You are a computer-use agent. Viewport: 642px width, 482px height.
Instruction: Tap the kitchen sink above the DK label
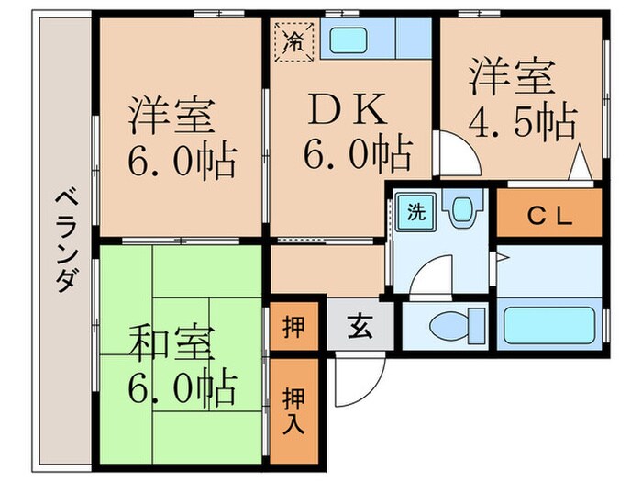(349, 40)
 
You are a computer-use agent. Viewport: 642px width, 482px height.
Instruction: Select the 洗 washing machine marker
(415, 213)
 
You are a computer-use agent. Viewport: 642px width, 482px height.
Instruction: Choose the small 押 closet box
(293, 325)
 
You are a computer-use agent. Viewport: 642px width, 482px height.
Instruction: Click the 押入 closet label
(293, 410)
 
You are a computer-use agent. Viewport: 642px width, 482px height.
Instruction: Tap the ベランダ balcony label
(64, 241)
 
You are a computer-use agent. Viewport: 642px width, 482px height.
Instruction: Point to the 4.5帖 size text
(524, 120)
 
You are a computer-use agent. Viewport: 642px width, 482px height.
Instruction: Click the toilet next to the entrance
(454, 324)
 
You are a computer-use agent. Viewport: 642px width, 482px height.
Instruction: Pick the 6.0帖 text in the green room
(181, 390)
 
